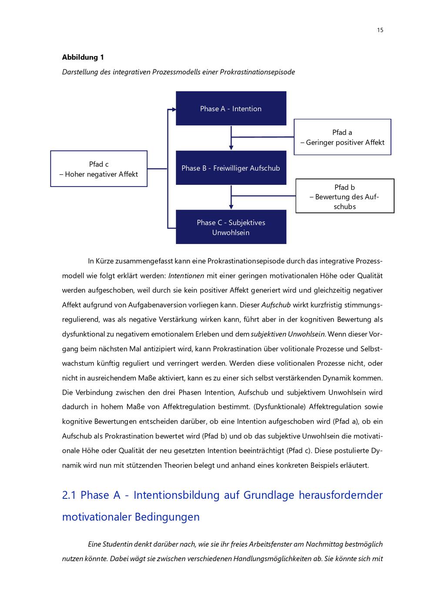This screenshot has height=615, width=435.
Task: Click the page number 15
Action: click(x=380, y=30)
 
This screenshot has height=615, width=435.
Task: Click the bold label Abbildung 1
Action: click(x=83, y=57)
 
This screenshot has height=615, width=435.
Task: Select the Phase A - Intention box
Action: click(x=231, y=109)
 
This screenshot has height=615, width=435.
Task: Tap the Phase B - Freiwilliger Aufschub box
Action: click(x=231, y=168)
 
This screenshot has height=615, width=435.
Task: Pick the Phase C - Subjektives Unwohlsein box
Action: click(x=231, y=227)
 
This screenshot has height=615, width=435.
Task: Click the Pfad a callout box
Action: click(x=342, y=137)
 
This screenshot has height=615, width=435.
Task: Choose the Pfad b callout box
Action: click(x=345, y=196)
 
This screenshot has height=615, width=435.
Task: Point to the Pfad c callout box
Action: click(x=99, y=169)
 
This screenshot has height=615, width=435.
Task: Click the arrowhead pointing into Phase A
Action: click(x=174, y=109)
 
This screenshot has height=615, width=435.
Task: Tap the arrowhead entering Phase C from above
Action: click(x=231, y=207)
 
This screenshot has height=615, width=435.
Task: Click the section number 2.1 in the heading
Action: click(x=70, y=495)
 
